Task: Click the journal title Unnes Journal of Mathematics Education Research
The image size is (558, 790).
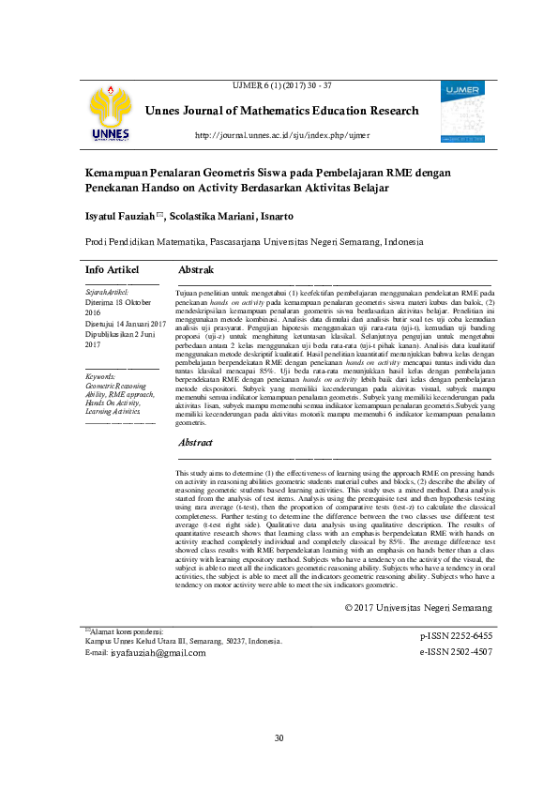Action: pyautogui.click(x=282, y=111)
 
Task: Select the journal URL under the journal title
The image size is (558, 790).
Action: pyautogui.click(x=281, y=135)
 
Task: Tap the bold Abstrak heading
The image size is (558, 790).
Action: pyautogui.click(x=196, y=270)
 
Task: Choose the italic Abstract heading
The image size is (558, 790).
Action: pyautogui.click(x=196, y=442)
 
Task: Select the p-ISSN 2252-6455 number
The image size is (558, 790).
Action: pyautogui.click(x=456, y=635)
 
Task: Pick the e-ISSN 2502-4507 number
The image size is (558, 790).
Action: pyautogui.click(x=456, y=651)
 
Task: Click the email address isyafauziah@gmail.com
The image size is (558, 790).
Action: pyautogui.click(x=158, y=652)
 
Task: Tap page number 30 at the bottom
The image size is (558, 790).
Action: pyautogui.click(x=279, y=738)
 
